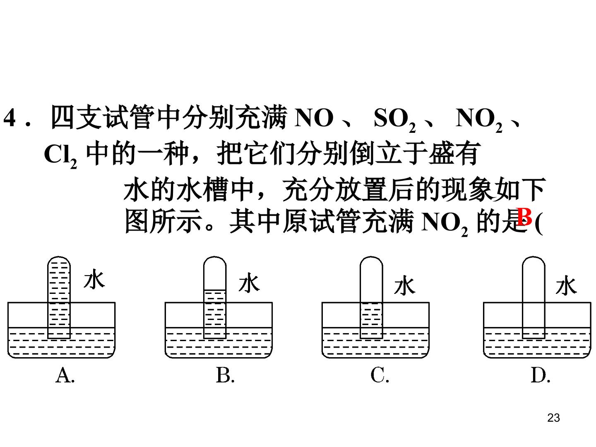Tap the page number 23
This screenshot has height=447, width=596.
(553, 418)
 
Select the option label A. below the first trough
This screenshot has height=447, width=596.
(65, 376)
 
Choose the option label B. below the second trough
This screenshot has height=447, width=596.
(226, 376)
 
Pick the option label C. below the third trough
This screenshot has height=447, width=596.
(380, 376)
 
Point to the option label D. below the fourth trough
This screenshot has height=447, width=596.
(541, 376)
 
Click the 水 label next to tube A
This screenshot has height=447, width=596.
(94, 279)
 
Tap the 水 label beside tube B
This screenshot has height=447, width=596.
(249, 283)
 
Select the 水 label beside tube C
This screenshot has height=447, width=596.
(405, 285)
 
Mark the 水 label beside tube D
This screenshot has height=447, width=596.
(566, 285)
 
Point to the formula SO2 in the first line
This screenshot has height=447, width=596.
(394, 120)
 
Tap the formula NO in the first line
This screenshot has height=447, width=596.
(314, 118)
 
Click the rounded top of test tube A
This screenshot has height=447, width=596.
(59, 257)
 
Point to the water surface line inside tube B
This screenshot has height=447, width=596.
(215, 290)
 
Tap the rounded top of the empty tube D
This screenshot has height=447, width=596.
(534, 257)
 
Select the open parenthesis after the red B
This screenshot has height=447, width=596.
(539, 225)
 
